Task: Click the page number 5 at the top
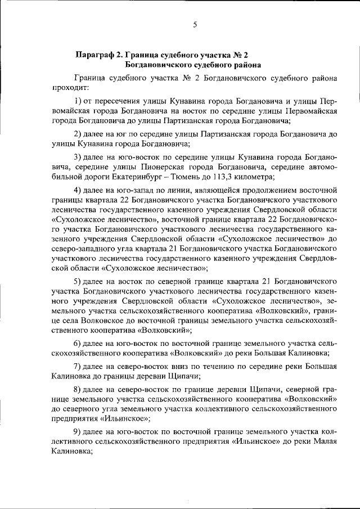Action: pyautogui.click(x=195, y=24)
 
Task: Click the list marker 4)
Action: pyautogui.click(x=78, y=190)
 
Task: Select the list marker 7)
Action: pyautogui.click(x=78, y=366)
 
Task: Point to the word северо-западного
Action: pyautogui.click(x=83, y=249)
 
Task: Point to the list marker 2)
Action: pyautogui.click(x=78, y=134)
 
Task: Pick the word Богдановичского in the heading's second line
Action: pyautogui.click(x=155, y=65)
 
